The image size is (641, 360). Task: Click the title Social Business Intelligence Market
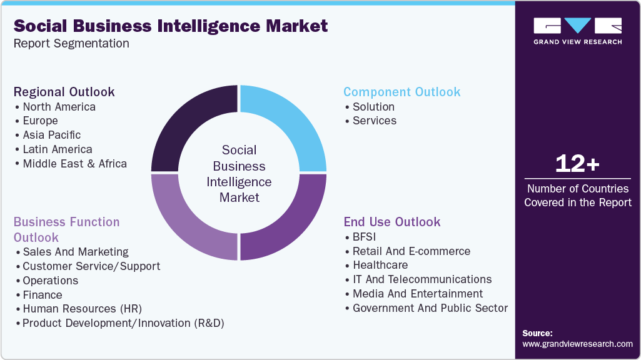tap(171, 26)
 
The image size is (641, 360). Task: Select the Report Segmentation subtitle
tap(71, 44)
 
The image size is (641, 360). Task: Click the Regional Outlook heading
tap(64, 92)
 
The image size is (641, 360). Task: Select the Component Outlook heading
tap(401, 92)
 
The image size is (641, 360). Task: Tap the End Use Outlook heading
tap(391, 222)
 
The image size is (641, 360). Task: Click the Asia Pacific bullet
tap(51, 135)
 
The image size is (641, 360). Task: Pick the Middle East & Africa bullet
tap(74, 164)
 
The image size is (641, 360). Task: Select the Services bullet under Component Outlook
tap(374, 121)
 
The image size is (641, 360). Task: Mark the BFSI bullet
tap(364, 237)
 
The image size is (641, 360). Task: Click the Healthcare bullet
tap(380, 265)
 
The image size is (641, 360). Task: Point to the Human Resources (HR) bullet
tap(82, 309)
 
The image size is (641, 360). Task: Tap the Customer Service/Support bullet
tap(91, 266)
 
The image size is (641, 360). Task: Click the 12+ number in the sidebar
tap(577, 164)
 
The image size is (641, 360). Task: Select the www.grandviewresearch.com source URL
tap(577, 344)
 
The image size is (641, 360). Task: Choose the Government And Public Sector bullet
tap(430, 308)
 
